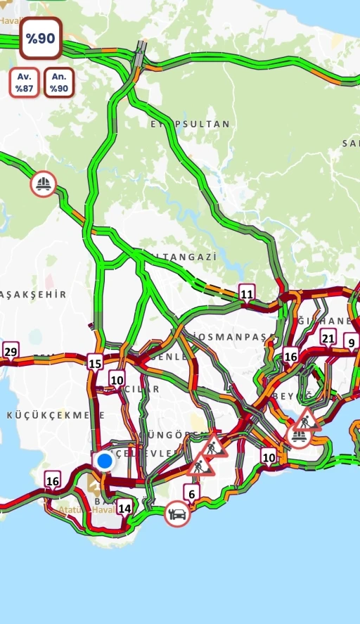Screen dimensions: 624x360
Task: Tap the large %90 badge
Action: pyautogui.click(x=41, y=39)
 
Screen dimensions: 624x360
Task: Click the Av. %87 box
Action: pyautogui.click(x=25, y=83)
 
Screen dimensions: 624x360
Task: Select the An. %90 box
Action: pyautogui.click(x=59, y=83)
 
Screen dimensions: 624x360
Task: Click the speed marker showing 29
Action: pyautogui.click(x=11, y=352)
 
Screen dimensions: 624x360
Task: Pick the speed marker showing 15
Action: pyautogui.click(x=95, y=363)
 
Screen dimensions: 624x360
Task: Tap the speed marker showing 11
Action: pyautogui.click(x=246, y=293)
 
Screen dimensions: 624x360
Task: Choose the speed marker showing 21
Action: pyautogui.click(x=328, y=338)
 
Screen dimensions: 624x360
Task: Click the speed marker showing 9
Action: pyautogui.click(x=350, y=343)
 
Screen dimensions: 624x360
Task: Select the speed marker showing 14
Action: pyautogui.click(x=124, y=508)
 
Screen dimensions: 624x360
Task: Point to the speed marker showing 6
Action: pyautogui.click(x=192, y=494)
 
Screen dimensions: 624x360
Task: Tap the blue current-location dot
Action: pyautogui.click(x=105, y=461)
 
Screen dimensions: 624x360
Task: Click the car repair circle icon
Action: pyautogui.click(x=178, y=514)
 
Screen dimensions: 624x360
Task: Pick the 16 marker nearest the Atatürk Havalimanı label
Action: pyautogui.click(x=53, y=481)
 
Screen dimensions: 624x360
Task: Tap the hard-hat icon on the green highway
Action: pyautogui.click(x=44, y=184)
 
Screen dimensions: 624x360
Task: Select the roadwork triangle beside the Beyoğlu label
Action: pyautogui.click(x=307, y=421)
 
